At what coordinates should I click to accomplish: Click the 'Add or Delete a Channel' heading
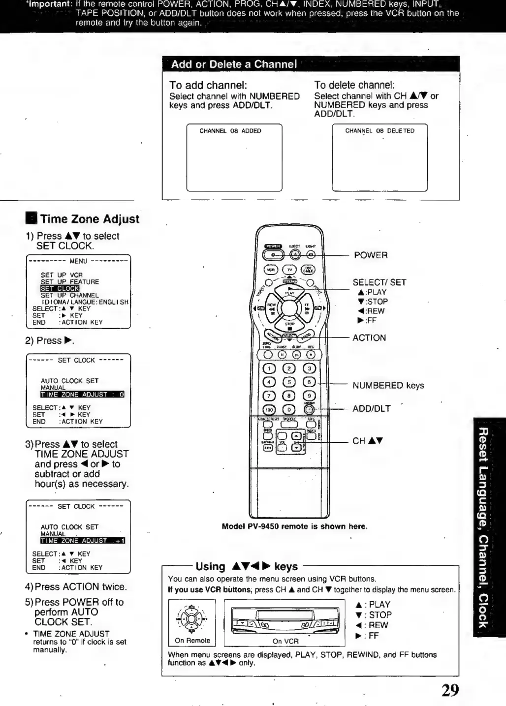234,64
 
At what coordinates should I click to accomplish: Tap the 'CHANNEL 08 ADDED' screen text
230,131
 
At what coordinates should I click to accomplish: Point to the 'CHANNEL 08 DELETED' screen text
379,131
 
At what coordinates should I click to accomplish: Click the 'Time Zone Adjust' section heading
90,219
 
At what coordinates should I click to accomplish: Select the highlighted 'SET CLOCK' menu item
60,288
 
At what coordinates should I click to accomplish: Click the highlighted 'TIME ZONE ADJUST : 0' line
82,395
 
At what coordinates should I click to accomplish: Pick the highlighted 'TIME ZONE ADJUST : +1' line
83,541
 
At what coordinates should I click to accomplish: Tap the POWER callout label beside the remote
371,255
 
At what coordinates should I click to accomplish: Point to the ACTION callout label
369,338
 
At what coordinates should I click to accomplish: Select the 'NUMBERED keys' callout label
388,386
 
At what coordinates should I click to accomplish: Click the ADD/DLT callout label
371,409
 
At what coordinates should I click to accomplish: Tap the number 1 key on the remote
269,368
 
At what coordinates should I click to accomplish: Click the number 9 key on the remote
309,396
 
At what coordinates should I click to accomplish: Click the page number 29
450,690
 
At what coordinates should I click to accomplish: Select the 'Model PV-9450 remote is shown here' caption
294,526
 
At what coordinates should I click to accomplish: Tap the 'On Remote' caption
192,641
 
